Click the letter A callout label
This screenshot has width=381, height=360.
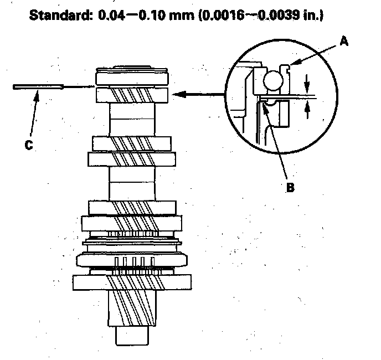click(343, 42)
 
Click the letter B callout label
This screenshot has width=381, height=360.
click(290, 187)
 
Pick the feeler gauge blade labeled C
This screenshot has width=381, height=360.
click(39, 87)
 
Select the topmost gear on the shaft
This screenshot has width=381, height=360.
click(132, 94)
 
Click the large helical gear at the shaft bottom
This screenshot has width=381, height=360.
click(132, 282)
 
